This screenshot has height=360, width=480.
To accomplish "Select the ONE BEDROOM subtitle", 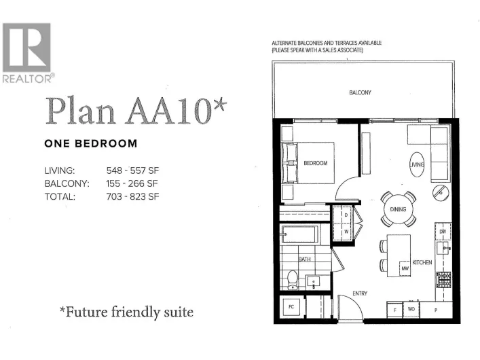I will pyautogui.click(x=90, y=144).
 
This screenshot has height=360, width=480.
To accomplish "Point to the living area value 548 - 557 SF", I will pyautogui.click(x=132, y=170).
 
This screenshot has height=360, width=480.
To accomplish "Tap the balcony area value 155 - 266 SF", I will pyautogui.click(x=132, y=183).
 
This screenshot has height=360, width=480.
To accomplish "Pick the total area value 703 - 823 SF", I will pyautogui.click(x=132, y=196).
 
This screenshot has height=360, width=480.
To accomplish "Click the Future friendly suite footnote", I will pyautogui.click(x=126, y=312).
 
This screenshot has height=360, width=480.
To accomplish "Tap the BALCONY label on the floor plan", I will pyautogui.click(x=361, y=92).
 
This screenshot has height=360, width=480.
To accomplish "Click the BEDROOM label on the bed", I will pyautogui.click(x=315, y=163).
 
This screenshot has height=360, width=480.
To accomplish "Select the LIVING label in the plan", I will pyautogui.click(x=417, y=164).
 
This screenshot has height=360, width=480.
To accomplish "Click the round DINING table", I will pyautogui.click(x=398, y=209).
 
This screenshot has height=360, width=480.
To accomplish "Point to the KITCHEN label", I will pyautogui.click(x=422, y=262).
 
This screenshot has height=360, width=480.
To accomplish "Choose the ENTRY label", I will pyautogui.click(x=360, y=293).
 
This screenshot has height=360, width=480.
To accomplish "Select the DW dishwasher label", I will pyautogui.click(x=442, y=232).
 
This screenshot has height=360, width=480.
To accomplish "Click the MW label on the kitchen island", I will pyautogui.click(x=405, y=268).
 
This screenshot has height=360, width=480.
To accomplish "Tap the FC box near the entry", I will pyautogui.click(x=291, y=306).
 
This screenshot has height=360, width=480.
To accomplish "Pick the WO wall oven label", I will pyautogui.click(x=411, y=310).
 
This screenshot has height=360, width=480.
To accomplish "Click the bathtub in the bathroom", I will pyautogui.click(x=299, y=236).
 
